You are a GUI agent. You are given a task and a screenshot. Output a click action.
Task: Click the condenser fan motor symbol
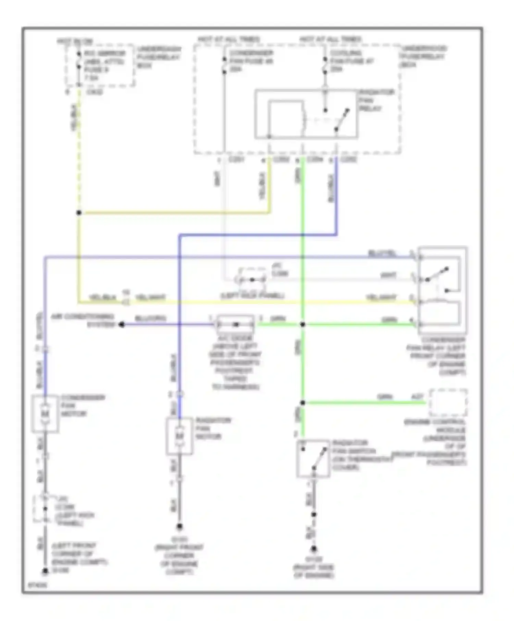tap(45, 414)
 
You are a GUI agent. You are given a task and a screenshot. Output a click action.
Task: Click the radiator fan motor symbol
tap(179, 436)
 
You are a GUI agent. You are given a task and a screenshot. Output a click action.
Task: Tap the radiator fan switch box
tap(313, 458)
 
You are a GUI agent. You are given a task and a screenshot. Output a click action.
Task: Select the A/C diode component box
tap(236, 324)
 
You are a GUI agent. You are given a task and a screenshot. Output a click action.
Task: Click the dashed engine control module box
tap(448, 403)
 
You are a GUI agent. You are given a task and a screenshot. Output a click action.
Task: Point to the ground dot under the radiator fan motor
tap(179, 526)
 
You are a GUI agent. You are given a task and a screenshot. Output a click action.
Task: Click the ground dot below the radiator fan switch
tap(314, 549)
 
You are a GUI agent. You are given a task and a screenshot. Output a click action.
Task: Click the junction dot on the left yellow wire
tap(79, 213)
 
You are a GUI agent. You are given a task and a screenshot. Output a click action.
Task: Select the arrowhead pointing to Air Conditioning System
tap(122, 324)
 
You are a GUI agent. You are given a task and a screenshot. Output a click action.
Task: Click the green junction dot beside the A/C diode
tap(303, 324)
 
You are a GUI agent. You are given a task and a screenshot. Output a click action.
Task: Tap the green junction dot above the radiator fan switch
tap(303, 403)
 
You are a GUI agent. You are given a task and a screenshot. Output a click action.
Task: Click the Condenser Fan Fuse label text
tap(251, 61)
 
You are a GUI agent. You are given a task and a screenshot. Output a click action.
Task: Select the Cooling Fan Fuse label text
tap(351, 61)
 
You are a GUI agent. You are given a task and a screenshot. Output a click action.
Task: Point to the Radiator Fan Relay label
tap(376, 100)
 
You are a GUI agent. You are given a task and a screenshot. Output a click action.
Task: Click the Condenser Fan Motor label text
tap(83, 406)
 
